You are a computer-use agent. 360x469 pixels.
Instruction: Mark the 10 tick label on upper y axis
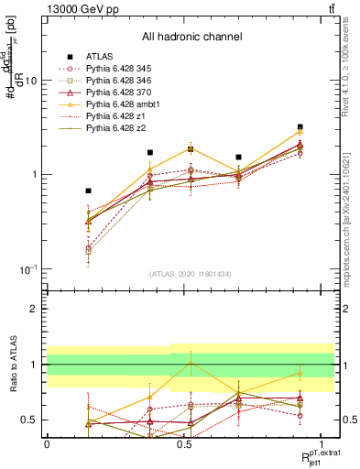pos(29,81)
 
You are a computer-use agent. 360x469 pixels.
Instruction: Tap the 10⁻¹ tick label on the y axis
pos(26,269)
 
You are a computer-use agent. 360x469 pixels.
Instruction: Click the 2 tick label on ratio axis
pos(34,309)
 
